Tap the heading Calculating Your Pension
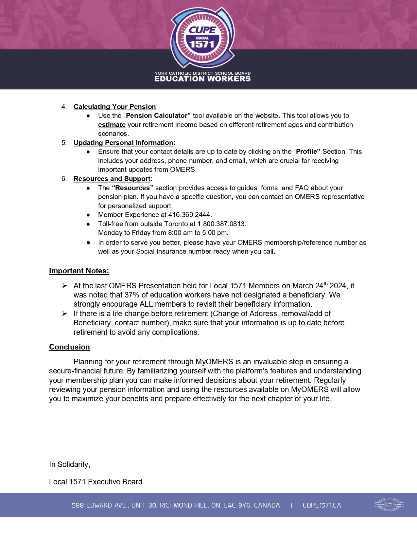coord(114,107)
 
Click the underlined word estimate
coord(112,125)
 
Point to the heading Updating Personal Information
coord(123,143)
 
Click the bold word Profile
coord(306,152)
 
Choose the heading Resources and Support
coord(112,179)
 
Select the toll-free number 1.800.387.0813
coord(221,224)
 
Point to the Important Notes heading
coord(79,271)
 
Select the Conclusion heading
coord(69,347)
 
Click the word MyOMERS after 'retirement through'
coord(214,362)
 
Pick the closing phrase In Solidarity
coord(69,464)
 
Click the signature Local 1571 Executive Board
coord(96,482)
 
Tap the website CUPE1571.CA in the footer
coord(322,505)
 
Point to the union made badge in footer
coord(389,505)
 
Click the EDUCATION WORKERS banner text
coord(202,79)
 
